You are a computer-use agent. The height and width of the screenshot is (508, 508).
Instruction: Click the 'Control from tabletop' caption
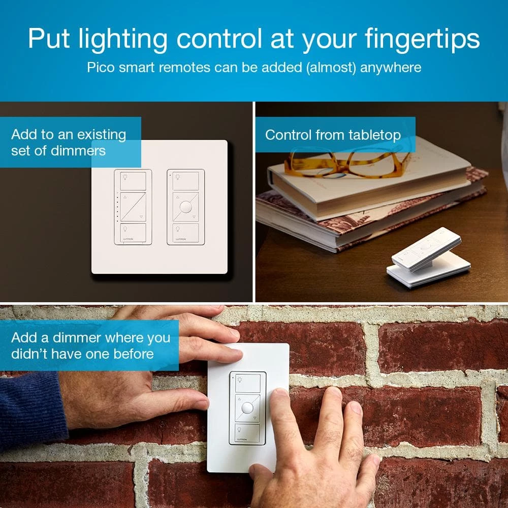coord(333,135)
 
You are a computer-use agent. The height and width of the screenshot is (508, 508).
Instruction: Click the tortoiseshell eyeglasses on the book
coord(345,161)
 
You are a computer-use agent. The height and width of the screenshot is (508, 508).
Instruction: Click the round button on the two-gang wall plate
coord(186,207)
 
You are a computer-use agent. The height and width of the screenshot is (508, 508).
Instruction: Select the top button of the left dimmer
coord(133,180)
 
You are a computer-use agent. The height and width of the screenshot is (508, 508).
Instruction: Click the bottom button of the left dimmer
coord(133,232)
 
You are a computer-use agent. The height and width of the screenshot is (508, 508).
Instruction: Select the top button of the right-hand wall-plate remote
coord(186,180)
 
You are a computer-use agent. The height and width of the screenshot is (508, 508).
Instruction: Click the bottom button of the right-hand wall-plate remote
coord(186,232)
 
